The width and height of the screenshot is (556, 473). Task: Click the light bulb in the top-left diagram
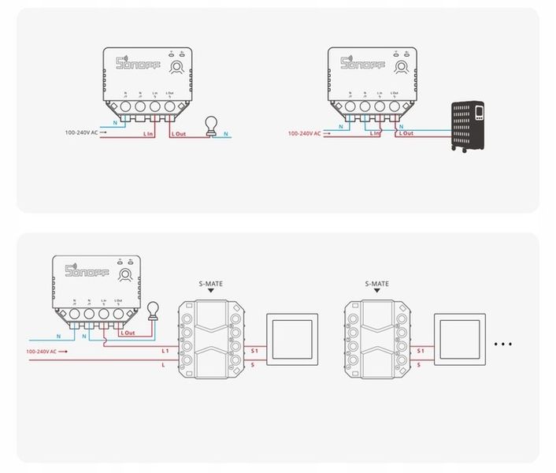[211, 125]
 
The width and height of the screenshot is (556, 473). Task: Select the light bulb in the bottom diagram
[154, 311]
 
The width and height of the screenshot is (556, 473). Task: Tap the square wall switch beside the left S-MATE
[294, 341]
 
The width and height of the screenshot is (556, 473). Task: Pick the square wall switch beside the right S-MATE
[461, 341]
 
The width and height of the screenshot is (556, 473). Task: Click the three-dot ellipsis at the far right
[502, 344]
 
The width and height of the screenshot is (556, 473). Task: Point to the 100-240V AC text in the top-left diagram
[82, 133]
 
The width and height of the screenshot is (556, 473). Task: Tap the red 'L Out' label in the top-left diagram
[179, 134]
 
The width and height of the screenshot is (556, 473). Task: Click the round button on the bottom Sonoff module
[124, 274]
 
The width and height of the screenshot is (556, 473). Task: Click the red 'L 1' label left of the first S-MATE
[165, 349]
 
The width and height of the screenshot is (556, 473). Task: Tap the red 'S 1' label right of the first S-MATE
[254, 349]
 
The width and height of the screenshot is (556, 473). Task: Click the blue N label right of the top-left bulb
[227, 134]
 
